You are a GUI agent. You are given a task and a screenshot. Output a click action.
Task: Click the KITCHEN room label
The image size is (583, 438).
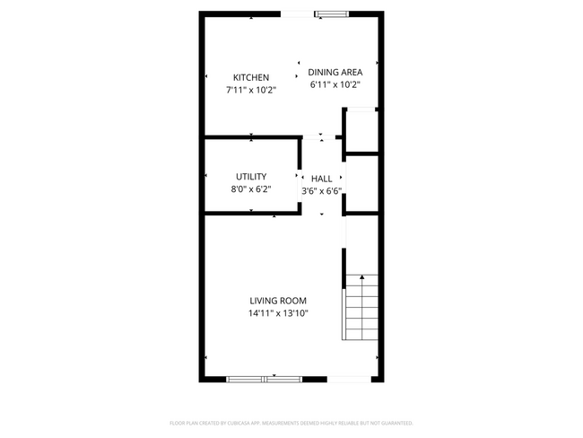pyautogui.click(x=251, y=77)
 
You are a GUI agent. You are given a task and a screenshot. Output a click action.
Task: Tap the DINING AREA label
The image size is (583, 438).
pyautogui.click(x=335, y=73)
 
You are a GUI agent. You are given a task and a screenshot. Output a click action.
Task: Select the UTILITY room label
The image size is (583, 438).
pyautogui.click(x=251, y=177)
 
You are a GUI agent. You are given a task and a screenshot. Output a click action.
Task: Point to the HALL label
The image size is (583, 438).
pyautogui.click(x=321, y=179)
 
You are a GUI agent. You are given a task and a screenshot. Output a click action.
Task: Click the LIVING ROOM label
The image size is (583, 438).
pyautogui.click(x=278, y=301)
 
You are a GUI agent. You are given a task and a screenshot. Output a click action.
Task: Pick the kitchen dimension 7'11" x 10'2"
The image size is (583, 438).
pyautogui.click(x=251, y=90)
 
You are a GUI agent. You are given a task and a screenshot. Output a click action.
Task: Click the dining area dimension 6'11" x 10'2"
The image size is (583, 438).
pyautogui.click(x=335, y=85)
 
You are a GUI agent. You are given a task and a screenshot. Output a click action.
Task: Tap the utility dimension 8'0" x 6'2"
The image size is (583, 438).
pyautogui.click(x=251, y=189)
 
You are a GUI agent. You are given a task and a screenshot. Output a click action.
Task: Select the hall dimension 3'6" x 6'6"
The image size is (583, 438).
pyautogui.click(x=321, y=190)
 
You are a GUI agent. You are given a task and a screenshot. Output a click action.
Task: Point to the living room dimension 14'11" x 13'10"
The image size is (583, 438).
pyautogui.click(x=278, y=313)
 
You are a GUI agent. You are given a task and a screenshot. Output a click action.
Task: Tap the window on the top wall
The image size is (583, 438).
pyautogui.click(x=331, y=13)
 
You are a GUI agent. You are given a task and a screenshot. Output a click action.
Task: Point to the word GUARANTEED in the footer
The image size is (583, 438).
pyautogui.click(x=394, y=423)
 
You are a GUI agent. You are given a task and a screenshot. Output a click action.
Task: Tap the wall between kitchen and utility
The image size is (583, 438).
pyautogui.click(x=251, y=138)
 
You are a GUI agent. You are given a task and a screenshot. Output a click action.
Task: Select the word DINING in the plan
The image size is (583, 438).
pyautogui.click(x=322, y=73)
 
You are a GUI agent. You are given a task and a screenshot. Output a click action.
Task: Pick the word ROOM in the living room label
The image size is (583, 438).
pyautogui.click(x=293, y=301)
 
